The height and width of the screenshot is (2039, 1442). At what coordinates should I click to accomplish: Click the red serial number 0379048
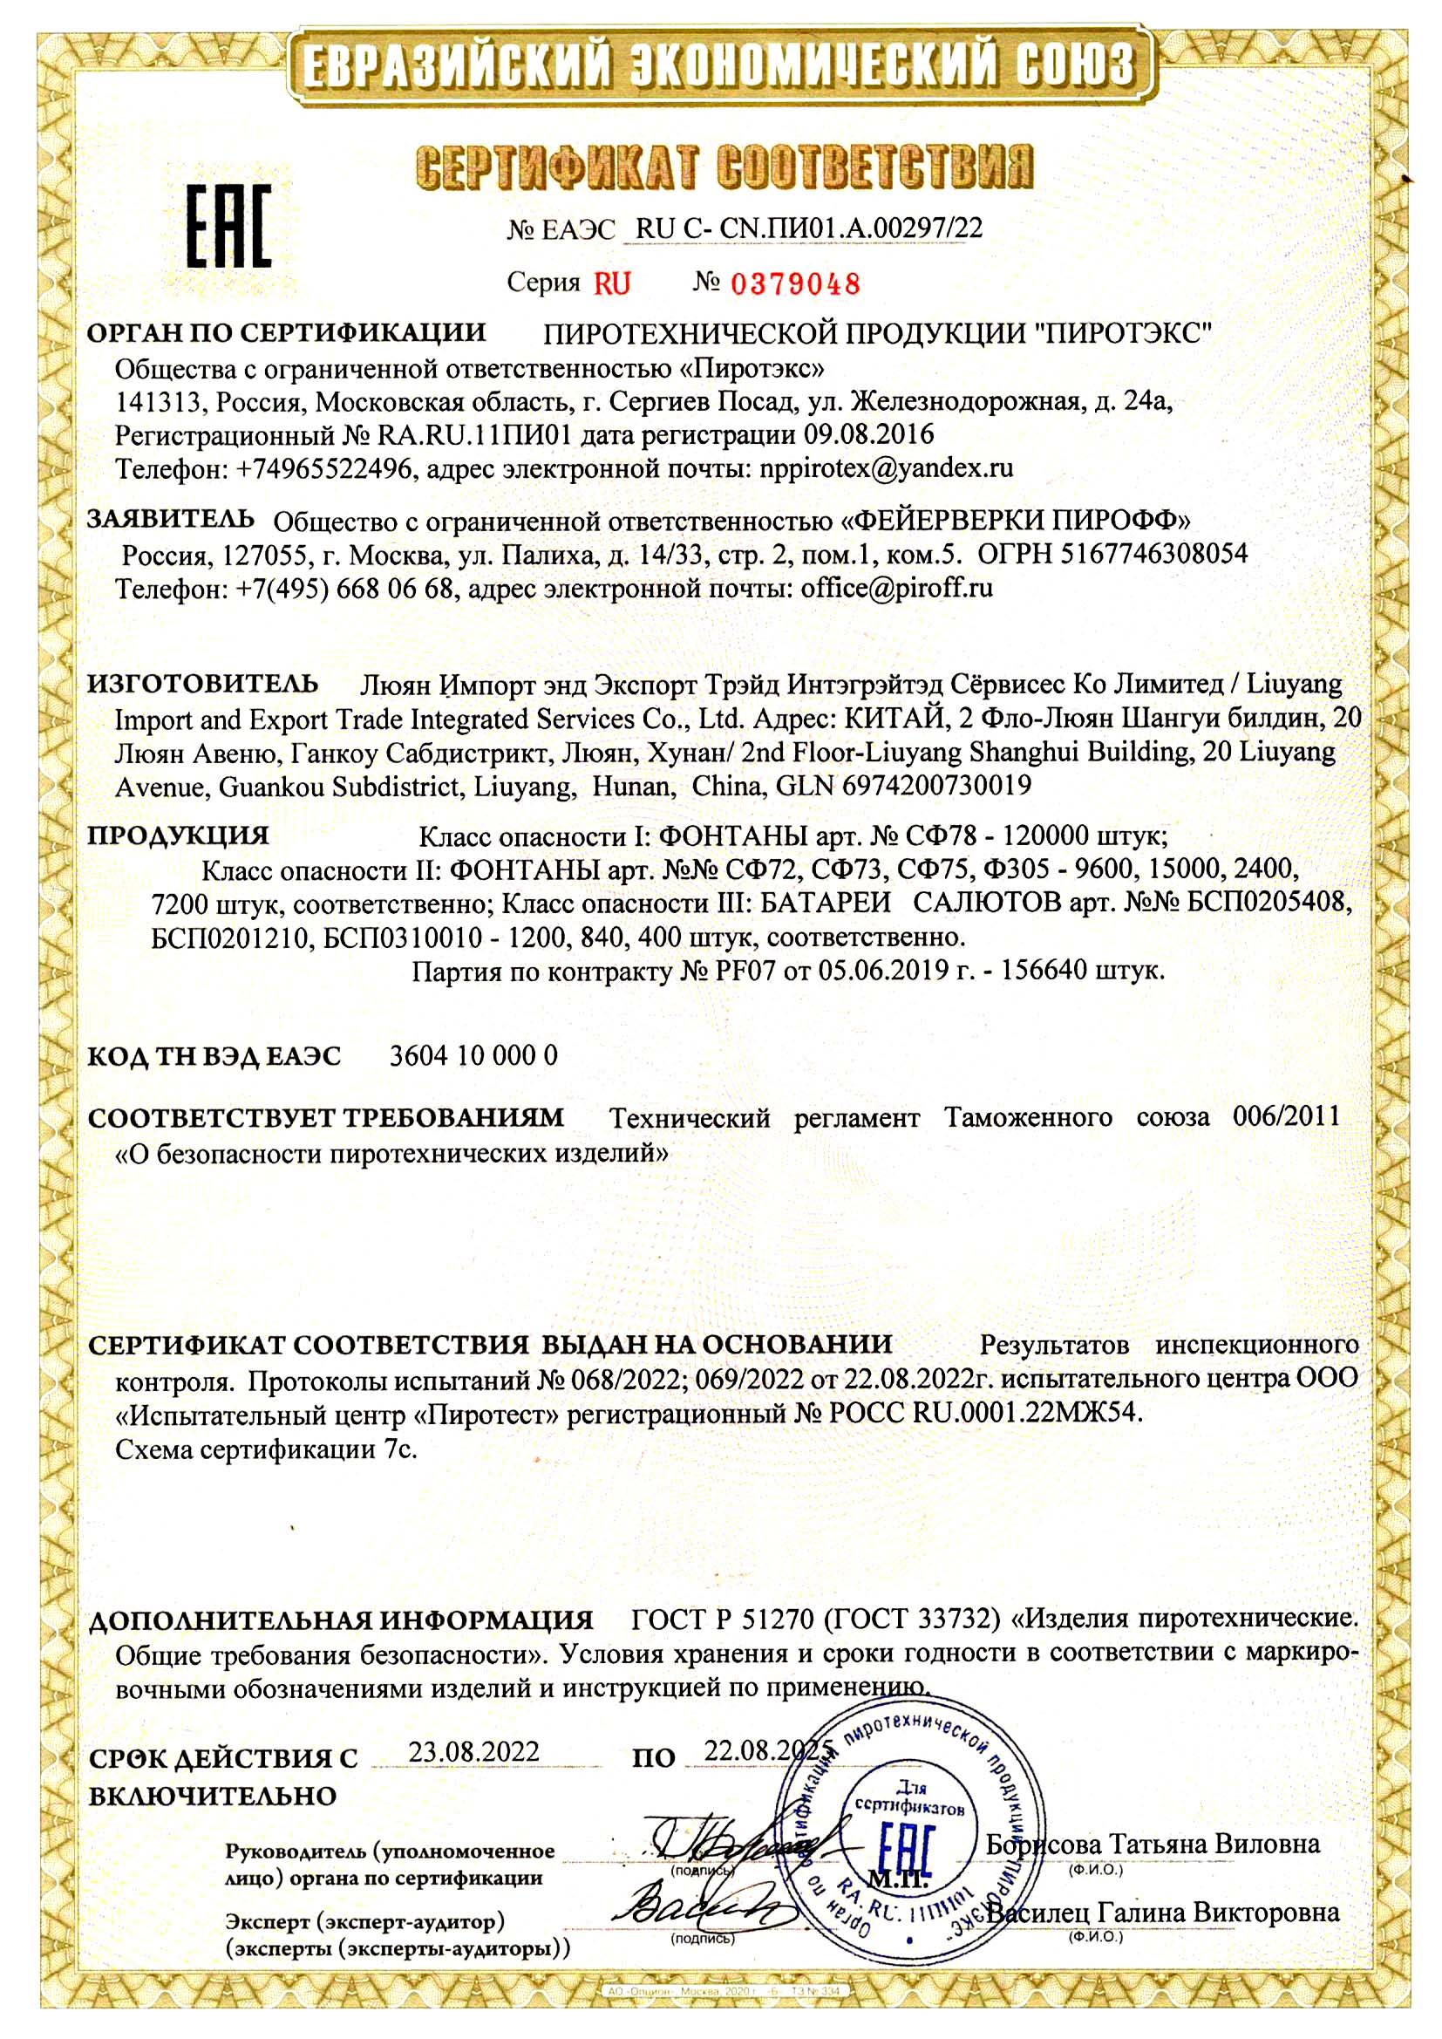(x=795, y=284)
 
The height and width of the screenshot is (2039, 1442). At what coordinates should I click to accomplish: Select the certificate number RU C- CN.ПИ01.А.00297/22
(x=809, y=229)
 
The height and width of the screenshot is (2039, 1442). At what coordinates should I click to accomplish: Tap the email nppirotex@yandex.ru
(x=887, y=468)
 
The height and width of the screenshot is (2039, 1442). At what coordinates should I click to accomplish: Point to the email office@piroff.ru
(x=896, y=588)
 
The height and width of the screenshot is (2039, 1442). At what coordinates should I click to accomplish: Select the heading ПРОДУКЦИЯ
(x=178, y=835)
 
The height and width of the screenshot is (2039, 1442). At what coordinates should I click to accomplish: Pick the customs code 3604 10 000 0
(x=474, y=1056)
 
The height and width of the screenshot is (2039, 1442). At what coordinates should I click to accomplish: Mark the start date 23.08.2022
(x=473, y=1752)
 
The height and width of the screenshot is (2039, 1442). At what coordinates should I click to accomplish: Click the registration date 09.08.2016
(x=869, y=435)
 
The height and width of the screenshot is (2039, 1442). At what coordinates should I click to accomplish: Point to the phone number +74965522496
(x=328, y=468)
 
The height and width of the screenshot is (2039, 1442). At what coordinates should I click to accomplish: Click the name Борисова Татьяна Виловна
(x=1153, y=1844)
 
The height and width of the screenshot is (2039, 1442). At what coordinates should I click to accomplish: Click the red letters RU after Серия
(x=613, y=284)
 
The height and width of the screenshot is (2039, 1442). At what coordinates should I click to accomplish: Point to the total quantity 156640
(x=1045, y=971)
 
